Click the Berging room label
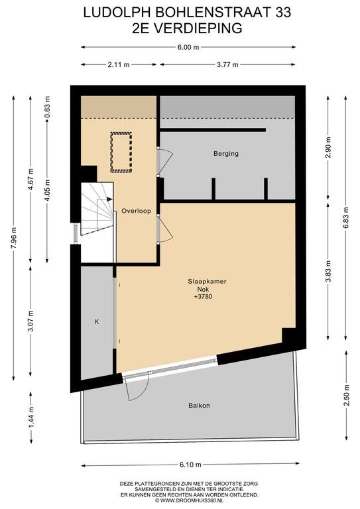point(226,153)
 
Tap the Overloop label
point(136,211)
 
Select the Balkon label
point(199,406)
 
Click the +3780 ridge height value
point(204,296)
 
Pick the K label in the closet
point(96,321)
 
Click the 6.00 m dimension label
point(188,47)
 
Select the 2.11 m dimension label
point(119,64)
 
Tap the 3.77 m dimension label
point(227,64)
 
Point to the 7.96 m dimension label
point(14,238)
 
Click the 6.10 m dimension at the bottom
point(190,465)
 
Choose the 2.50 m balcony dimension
point(347,395)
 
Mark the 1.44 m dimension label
point(31,418)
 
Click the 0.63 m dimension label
point(48,107)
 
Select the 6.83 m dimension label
point(345,217)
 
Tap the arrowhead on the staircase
point(109,199)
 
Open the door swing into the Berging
point(165,162)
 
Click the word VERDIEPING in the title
point(198,28)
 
